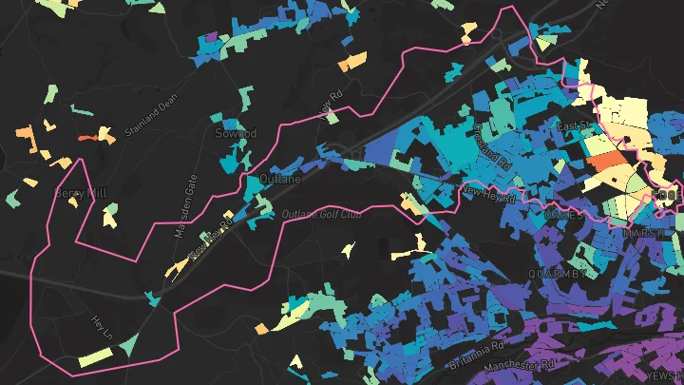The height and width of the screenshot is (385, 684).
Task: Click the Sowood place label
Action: click(x=236, y=134)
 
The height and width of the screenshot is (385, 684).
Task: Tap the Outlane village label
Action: click(x=279, y=178)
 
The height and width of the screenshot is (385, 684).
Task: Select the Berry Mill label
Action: click(x=81, y=193)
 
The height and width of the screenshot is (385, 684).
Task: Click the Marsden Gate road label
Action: click(x=183, y=205)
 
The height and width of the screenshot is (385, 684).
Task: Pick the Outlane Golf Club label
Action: click(x=322, y=214)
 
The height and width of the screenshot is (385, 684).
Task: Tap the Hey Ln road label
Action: click(x=102, y=330)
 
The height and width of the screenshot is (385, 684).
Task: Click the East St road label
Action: click(x=572, y=125)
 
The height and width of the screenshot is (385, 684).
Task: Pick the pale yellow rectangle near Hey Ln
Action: click(x=95, y=357)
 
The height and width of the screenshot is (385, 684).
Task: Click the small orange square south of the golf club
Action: click(x=261, y=329)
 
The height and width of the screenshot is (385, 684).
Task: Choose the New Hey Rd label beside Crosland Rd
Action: click(x=487, y=195)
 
